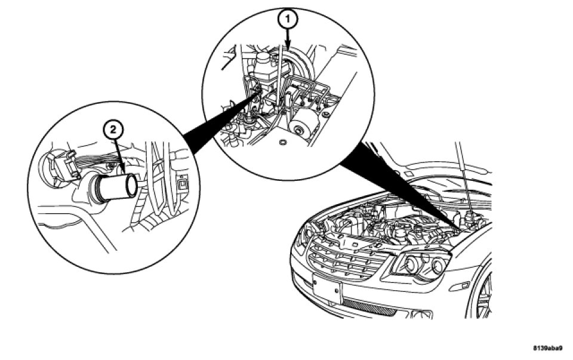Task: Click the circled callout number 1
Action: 288,20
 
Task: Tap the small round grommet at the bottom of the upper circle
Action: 282,143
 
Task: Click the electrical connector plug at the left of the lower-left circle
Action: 60,165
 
